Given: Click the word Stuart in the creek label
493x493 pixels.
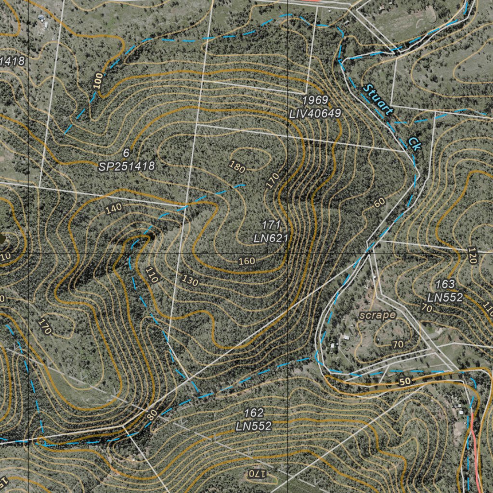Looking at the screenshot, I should pos(378,100).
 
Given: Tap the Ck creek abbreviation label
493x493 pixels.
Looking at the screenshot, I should pos(414,143).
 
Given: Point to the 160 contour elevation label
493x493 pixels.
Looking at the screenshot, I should pos(246,261).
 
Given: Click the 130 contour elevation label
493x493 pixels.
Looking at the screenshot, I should pos(190,281).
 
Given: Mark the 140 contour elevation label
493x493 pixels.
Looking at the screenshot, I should pos(113,209).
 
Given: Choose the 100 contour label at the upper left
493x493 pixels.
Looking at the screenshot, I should pos(98,80).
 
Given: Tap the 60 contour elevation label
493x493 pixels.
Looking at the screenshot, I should pos(379,203).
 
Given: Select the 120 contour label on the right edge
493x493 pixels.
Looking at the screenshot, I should pos(472,256).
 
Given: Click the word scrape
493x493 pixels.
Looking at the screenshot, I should pos(377,315).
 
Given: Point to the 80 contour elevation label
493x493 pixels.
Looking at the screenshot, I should pos(152,415).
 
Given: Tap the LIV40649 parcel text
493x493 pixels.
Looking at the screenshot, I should pos(315,114).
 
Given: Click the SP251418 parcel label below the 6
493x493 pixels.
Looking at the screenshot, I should pos(127,167).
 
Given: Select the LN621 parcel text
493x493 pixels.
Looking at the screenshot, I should pos(271,238).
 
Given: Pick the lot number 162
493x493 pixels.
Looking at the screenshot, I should pos(254,413).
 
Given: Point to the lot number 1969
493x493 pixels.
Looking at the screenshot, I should pos(315,100).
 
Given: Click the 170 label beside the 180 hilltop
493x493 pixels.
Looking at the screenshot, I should pos(272,180).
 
